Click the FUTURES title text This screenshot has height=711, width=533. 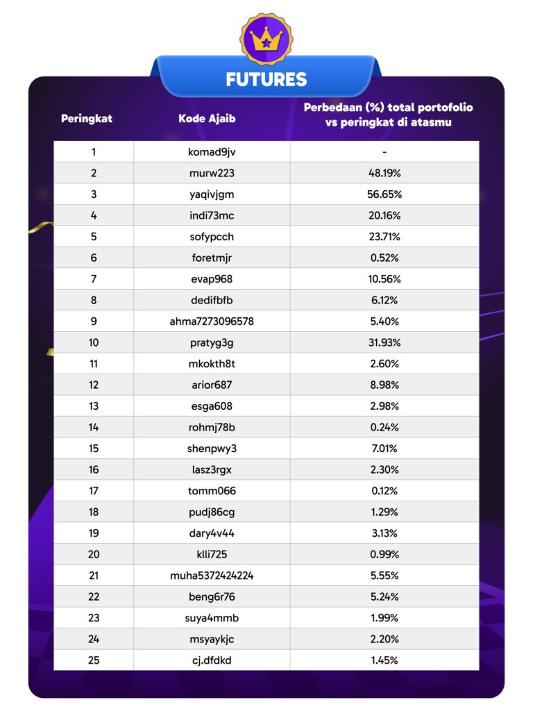pyautogui.click(x=266, y=79)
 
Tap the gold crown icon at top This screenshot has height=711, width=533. pyautogui.click(x=266, y=40)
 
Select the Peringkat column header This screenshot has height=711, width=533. pyautogui.click(x=87, y=118)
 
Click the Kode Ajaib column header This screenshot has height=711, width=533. pyautogui.click(x=207, y=118)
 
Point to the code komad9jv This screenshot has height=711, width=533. pyautogui.click(x=212, y=151)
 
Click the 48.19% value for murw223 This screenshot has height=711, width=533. pyautogui.click(x=384, y=173)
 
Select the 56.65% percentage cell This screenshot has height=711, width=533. pyautogui.click(x=384, y=194)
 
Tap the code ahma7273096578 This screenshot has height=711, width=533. pyautogui.click(x=212, y=321)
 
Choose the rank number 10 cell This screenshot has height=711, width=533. pyautogui.click(x=94, y=342)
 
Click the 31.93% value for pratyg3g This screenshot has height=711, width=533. pyautogui.click(x=384, y=342)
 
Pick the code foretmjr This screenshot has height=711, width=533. pyautogui.click(x=212, y=258)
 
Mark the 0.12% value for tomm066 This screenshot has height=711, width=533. pyautogui.click(x=384, y=491)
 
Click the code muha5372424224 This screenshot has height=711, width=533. pyautogui.click(x=212, y=576)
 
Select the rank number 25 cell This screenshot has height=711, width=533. pyautogui.click(x=94, y=660)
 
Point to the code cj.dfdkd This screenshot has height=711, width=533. pyautogui.click(x=212, y=660)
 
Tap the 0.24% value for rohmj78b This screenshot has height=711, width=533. pyautogui.click(x=384, y=427)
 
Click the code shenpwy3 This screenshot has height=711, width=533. pyautogui.click(x=212, y=449)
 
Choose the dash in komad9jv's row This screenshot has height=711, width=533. pyautogui.click(x=384, y=151)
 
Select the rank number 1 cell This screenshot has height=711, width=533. pyautogui.click(x=94, y=151)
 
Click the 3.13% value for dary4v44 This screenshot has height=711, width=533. pyautogui.click(x=384, y=533)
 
